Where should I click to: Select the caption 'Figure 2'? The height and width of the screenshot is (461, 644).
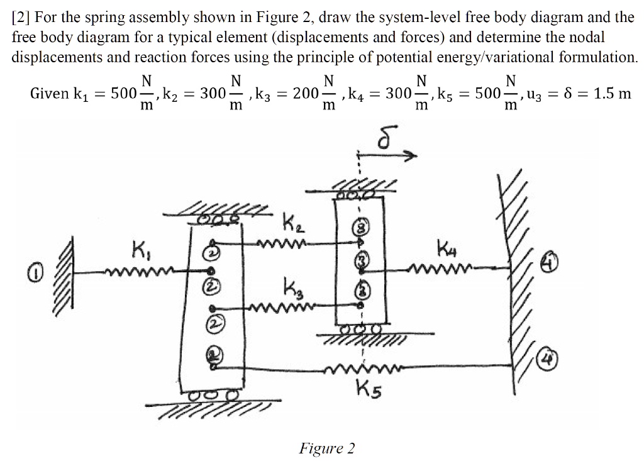[326, 448]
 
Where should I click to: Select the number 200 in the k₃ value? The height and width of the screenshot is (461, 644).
[306, 94]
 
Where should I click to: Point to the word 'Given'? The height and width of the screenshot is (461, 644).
[50, 94]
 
